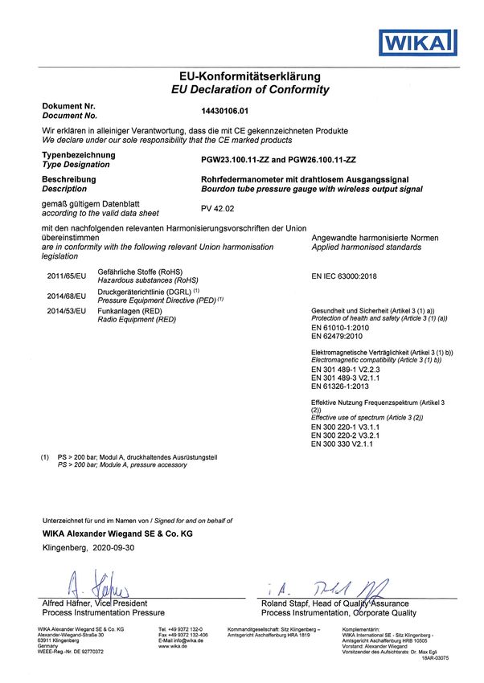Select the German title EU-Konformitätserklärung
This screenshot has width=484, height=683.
click(x=251, y=76)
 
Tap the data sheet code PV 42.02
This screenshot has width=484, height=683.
click(x=216, y=208)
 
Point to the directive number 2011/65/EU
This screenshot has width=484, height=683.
click(x=66, y=276)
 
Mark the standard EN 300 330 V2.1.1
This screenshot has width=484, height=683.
click(x=345, y=443)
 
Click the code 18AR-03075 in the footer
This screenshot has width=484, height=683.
click(x=433, y=658)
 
